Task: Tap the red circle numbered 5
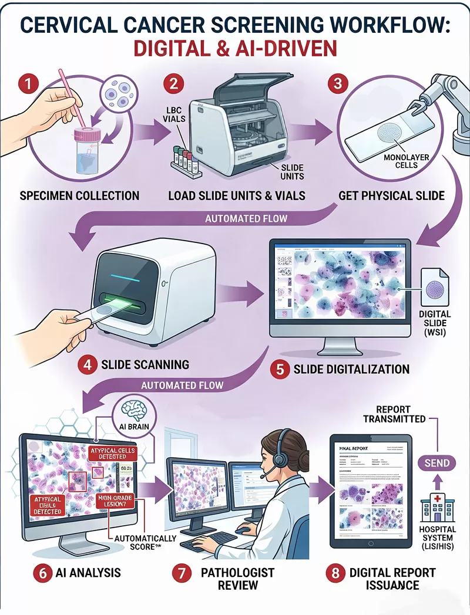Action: coord(280,370)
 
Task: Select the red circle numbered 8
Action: coord(335,573)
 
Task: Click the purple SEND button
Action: coord(437,463)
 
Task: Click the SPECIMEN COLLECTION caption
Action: coord(80,195)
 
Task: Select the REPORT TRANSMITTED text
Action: coord(394,414)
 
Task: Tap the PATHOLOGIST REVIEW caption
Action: coord(237,578)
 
